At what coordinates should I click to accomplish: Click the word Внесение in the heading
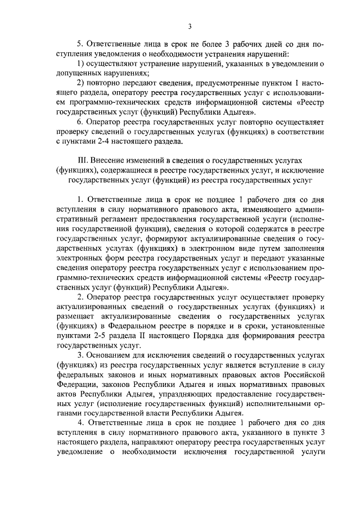coord(114,160)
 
